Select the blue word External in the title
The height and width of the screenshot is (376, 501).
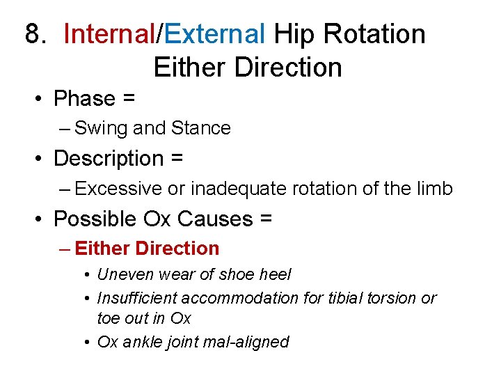215,33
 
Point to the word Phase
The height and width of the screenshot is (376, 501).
84,99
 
